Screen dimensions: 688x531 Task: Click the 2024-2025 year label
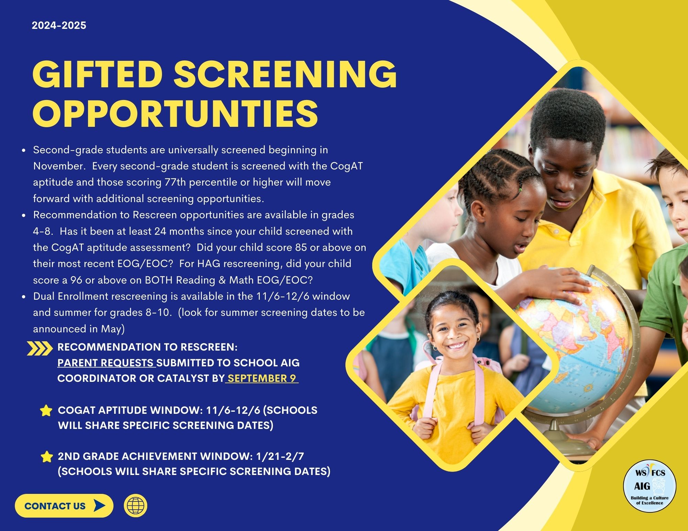59,25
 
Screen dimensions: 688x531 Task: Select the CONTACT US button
64,506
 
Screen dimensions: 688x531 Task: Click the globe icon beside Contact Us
136,506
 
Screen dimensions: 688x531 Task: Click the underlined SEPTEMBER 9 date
262,378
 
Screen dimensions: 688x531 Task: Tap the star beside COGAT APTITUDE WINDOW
46,411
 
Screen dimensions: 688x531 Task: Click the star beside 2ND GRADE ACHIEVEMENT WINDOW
46,456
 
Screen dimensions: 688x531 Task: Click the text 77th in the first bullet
175,182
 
